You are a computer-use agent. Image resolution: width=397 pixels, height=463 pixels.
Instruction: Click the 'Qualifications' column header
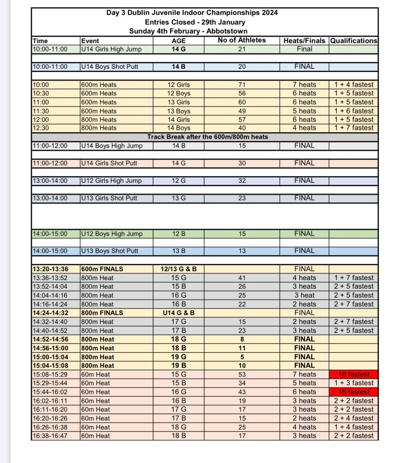pos(354,41)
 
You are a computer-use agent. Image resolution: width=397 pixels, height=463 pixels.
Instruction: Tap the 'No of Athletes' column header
pos(241,40)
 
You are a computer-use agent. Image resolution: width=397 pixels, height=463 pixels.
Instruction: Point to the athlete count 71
pos(241,85)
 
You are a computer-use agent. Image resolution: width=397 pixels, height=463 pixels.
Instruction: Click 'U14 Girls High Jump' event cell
pos(111,49)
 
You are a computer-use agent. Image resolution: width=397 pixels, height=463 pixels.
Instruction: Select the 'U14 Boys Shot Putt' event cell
pos(109,67)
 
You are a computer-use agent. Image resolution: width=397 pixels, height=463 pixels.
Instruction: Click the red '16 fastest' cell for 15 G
pos(354,374)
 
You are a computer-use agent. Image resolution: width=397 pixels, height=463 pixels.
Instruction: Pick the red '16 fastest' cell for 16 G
pos(354,392)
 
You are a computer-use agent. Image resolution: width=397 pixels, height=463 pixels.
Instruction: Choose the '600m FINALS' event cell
pos(102,269)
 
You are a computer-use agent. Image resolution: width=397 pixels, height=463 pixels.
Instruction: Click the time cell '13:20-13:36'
pos(50,269)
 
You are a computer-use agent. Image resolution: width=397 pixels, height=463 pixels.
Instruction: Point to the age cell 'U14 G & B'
pos(179,313)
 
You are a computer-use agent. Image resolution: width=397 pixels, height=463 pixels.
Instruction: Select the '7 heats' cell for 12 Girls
pos(304,85)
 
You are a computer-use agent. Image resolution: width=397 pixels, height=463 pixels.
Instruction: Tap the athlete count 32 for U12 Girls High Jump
pos(241,181)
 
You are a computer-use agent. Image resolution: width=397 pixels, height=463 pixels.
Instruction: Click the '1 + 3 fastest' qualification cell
pos(354,383)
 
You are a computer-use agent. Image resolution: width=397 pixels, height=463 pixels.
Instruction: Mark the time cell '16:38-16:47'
pos(50,436)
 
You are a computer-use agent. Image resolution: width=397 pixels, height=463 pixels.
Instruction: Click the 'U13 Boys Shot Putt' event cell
pos(109,251)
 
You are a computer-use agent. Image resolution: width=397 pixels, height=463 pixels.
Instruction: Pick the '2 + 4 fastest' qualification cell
pos(354,418)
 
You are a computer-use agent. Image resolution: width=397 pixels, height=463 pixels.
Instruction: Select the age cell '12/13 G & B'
pos(179,269)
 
